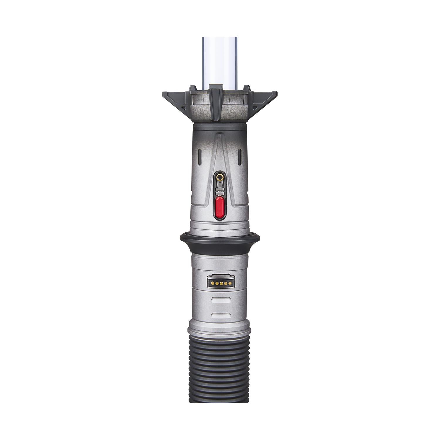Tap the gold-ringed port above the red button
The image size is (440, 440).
tap(220, 177)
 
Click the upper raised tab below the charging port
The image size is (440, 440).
tap(220, 300)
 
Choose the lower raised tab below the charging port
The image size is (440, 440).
tap(220, 316)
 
